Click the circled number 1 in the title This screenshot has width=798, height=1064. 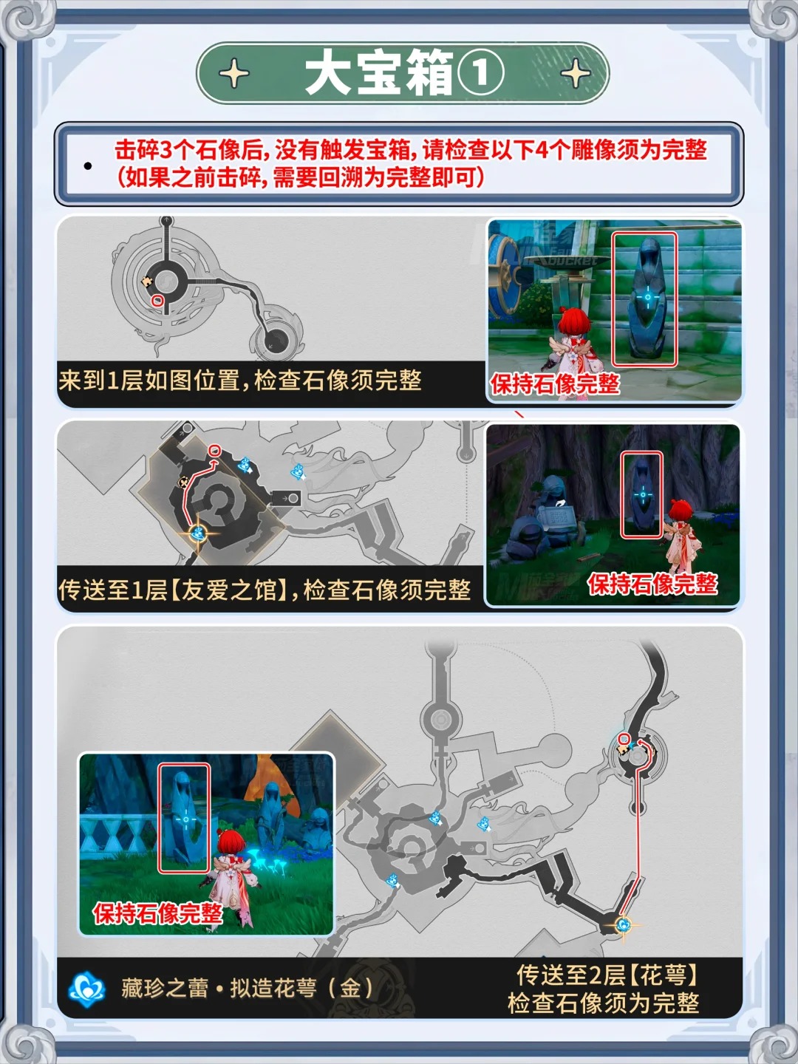pos(480,74)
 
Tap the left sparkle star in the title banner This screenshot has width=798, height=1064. pos(234,74)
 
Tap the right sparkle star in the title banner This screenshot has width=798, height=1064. pos(575,74)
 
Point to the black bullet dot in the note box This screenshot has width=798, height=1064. pos(88,166)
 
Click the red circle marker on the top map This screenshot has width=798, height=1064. pos(157,301)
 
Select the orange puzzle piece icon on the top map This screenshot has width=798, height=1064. pos(148,282)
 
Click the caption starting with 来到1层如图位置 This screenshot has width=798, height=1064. pos(240,381)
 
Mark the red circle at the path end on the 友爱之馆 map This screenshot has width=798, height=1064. pos(214,449)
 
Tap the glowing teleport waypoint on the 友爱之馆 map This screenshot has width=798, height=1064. pos(197,533)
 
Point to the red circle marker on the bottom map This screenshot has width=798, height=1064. pos(624,739)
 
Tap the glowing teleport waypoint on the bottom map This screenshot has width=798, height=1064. pos(623,924)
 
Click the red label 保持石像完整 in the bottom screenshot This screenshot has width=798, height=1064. pos(157,913)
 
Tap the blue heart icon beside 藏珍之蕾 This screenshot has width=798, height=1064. pos(87,989)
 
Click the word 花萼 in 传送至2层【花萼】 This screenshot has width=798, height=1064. pos(661,975)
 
